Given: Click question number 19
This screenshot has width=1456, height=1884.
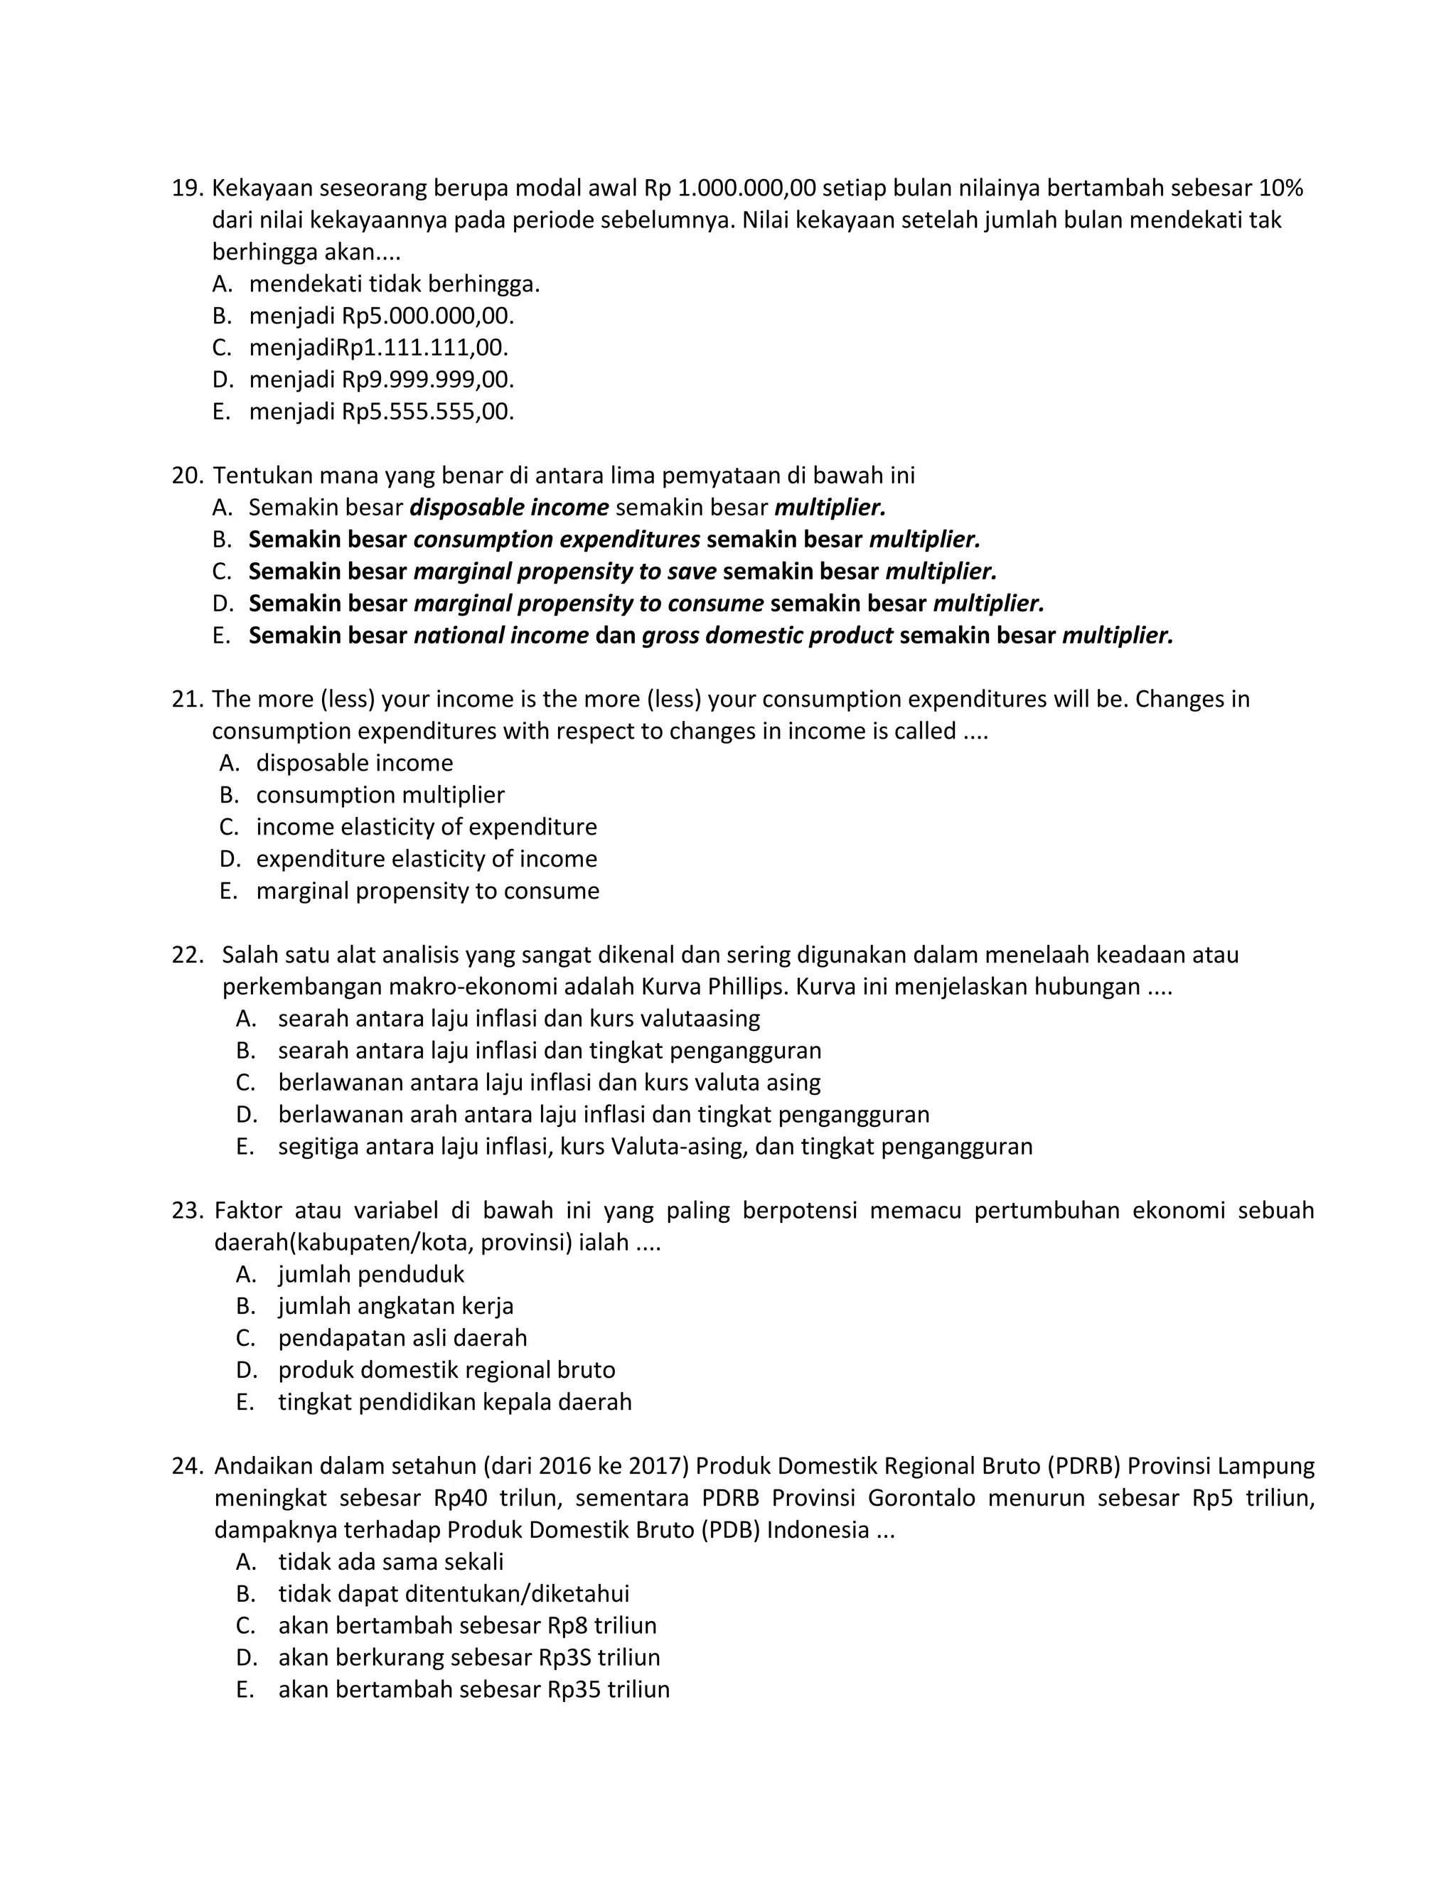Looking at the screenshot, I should coord(186,188).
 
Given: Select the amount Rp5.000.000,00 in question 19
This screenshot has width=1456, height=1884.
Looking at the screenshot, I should coord(428,316).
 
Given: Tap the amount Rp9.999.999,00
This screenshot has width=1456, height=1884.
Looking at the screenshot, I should coord(428,380).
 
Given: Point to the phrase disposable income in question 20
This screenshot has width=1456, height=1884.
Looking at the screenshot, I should coord(509,507).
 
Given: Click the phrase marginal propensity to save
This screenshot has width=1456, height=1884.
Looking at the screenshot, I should coord(565,571).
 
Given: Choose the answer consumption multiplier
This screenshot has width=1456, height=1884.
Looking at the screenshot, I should coord(380,795).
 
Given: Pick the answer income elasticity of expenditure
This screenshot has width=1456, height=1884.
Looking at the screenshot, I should coord(426,826).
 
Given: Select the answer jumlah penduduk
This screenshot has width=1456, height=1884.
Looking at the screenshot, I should coord(371,1274).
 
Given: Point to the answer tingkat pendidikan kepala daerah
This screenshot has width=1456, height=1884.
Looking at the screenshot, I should coord(454,1402).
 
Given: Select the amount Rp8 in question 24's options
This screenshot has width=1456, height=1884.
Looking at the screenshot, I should coord(567,1625).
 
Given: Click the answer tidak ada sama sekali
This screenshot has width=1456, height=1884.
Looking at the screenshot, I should coord(391,1561).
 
